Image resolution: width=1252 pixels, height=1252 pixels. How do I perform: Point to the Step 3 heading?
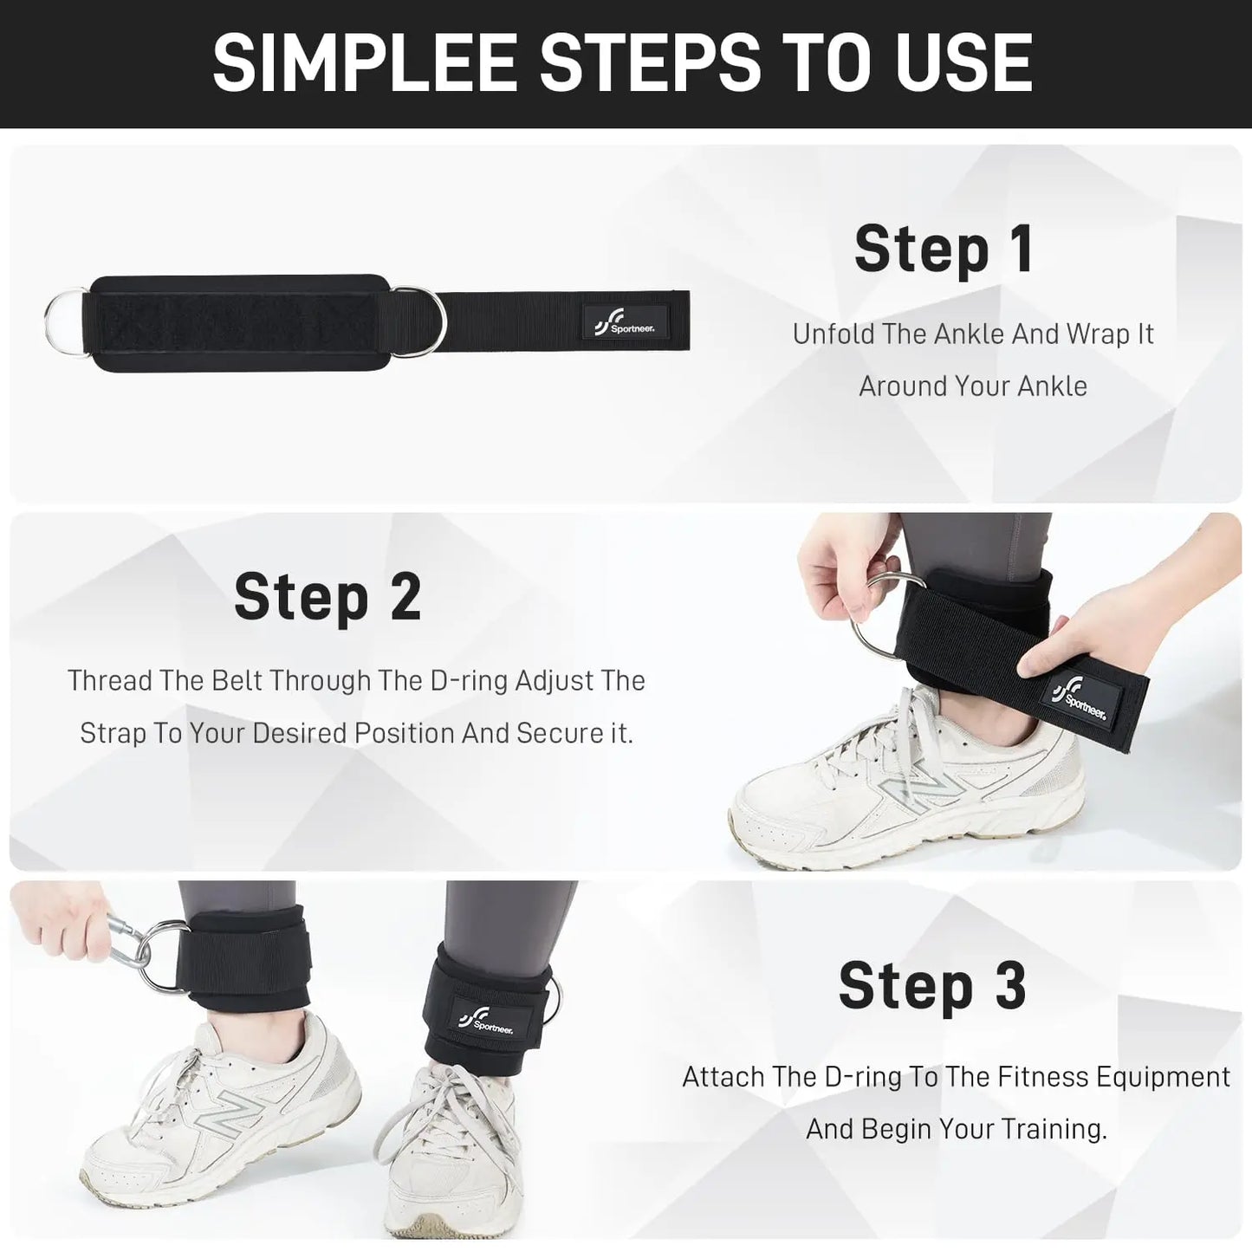point(932,985)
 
